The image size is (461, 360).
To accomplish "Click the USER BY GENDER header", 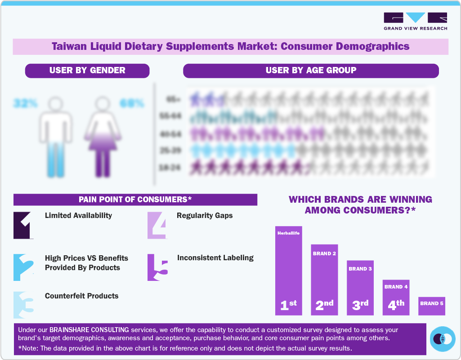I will pos(87,71).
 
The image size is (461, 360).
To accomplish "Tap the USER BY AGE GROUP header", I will pos(311,71).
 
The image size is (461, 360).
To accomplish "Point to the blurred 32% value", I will pos(25,103).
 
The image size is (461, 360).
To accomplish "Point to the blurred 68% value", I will pos(132,103).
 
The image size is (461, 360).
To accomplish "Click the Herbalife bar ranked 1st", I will pos(288,270).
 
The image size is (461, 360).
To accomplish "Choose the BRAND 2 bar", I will pos(324,280).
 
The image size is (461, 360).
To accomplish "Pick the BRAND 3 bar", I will pos(360,288).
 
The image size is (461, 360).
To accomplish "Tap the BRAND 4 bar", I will pos(396,297).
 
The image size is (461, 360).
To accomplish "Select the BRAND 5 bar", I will pos(432,306).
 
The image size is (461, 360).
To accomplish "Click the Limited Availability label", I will pos(78,216).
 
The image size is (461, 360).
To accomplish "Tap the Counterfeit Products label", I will pos(81,296).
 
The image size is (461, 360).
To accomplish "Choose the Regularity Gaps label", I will pos(205,216).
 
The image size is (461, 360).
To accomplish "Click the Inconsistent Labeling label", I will pos(215,258).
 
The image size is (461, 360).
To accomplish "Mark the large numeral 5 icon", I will pos(157,268).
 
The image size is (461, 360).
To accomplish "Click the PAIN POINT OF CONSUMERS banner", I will pos(135,200).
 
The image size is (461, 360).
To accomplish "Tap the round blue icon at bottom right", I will pos(443,339).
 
